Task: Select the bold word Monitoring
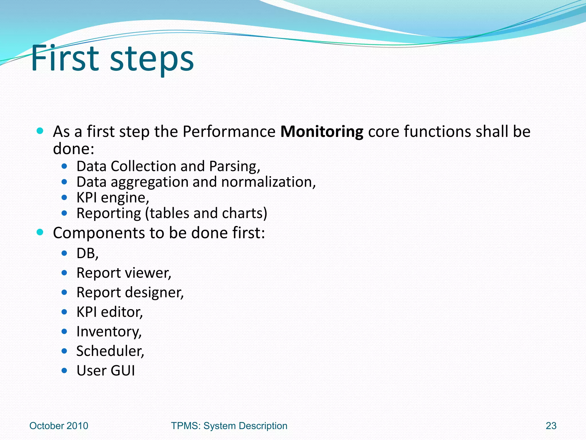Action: [x=322, y=132]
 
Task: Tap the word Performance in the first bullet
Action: [x=229, y=132]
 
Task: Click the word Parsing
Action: [x=234, y=167]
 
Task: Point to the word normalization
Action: [x=268, y=182]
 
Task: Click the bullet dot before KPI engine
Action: [x=64, y=197]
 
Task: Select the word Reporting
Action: [x=109, y=214]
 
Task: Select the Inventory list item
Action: [x=109, y=332]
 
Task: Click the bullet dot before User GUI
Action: [x=64, y=371]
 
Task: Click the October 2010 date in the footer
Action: [x=59, y=426]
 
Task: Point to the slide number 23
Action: [x=551, y=426]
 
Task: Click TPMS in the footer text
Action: [x=185, y=426]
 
